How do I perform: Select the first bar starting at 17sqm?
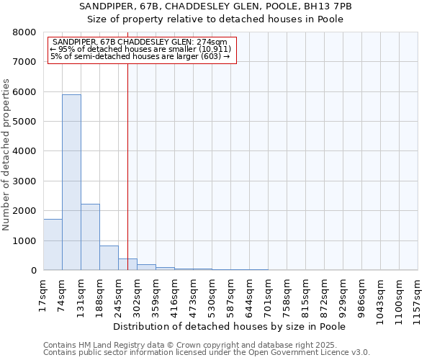point(53,245)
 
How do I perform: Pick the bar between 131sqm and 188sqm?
point(90,237)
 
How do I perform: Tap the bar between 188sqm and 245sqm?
point(109,258)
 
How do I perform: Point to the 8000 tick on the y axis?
point(25,32)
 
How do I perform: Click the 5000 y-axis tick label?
point(25,122)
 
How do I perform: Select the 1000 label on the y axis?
point(25,240)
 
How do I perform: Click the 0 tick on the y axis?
point(32,271)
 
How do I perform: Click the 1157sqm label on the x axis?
point(418,295)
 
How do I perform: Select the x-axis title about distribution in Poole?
point(230,326)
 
